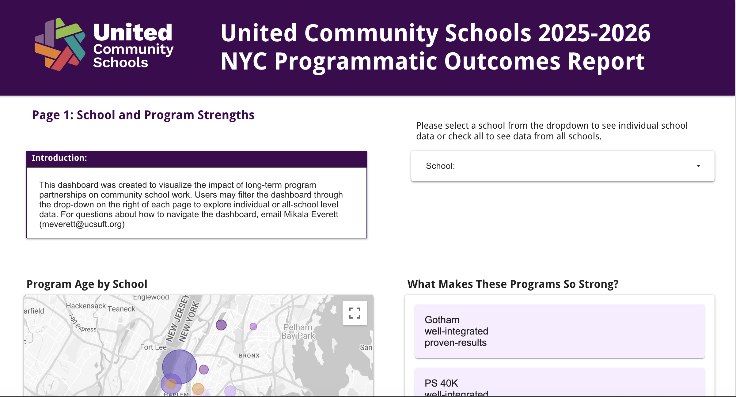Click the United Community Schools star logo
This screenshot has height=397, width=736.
[x=60, y=44]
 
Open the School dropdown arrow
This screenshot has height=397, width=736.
[x=698, y=166]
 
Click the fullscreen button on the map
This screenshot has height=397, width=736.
[x=355, y=313]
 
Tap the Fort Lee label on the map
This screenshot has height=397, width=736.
[x=153, y=347]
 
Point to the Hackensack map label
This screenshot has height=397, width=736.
[x=86, y=306]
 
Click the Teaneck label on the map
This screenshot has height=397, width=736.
[x=121, y=309]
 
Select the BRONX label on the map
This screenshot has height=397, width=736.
[x=249, y=356]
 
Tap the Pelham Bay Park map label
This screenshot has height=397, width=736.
[x=298, y=331]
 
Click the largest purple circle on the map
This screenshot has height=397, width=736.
[x=179, y=367]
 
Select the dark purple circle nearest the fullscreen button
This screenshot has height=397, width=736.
[x=221, y=325]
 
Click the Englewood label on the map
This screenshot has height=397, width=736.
[x=151, y=297]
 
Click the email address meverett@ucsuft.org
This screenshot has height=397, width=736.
[x=82, y=224]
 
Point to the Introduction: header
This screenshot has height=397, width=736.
[x=59, y=158]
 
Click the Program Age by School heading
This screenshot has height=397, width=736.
[x=87, y=284]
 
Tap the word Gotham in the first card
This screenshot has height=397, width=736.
[x=442, y=320]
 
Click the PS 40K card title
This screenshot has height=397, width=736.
[x=441, y=383]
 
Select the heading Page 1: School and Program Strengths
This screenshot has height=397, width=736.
[x=143, y=115]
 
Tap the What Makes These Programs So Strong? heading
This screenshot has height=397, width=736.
[x=513, y=284]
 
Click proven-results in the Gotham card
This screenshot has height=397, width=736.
[x=455, y=343]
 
